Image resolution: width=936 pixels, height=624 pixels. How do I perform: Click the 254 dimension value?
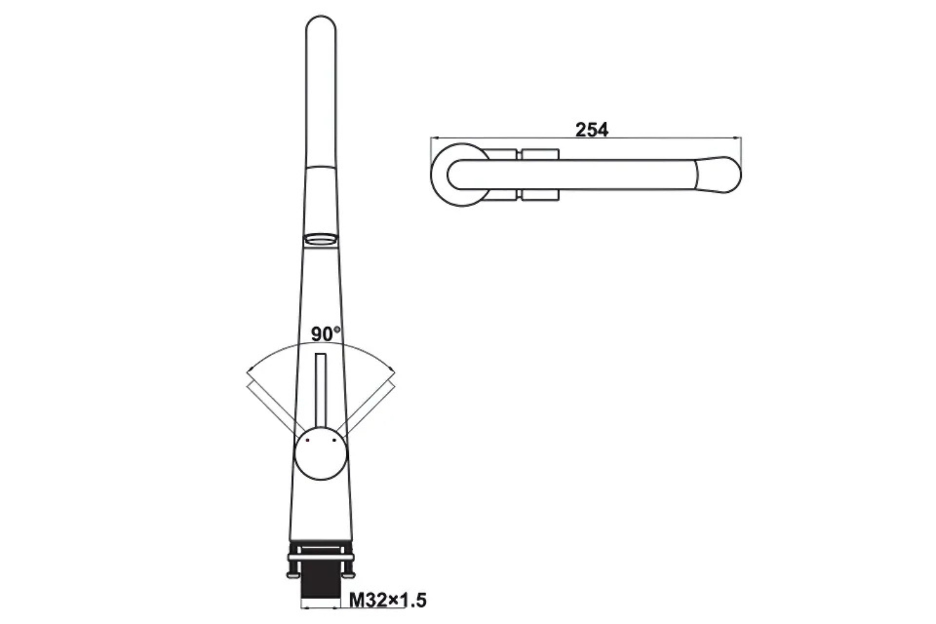(x=591, y=129)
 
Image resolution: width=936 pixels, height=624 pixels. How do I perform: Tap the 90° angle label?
(x=326, y=334)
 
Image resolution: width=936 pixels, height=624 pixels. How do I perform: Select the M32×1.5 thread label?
(x=388, y=600)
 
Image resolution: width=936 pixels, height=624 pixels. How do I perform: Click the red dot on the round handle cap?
(x=308, y=441)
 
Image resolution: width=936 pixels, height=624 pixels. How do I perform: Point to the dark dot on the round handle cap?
(x=334, y=441)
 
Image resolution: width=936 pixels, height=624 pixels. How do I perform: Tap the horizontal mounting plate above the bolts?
(x=321, y=557)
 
